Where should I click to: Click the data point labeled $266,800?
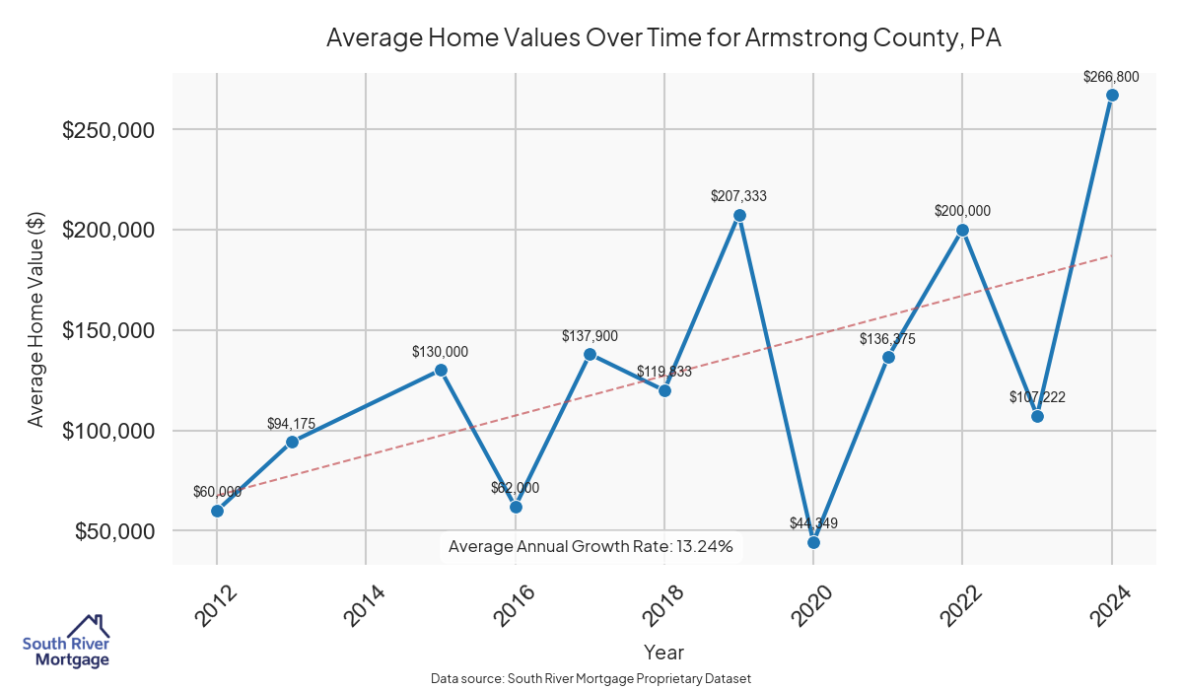(x=1112, y=96)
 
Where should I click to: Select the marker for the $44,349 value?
(x=813, y=542)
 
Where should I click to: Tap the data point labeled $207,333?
(x=739, y=215)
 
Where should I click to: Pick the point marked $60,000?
(x=217, y=511)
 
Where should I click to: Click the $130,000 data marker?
(x=441, y=370)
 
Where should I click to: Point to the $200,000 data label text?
(x=962, y=211)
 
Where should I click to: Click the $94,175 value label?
(x=291, y=424)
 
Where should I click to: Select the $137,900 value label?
(x=590, y=336)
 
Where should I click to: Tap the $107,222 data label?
(x=1037, y=397)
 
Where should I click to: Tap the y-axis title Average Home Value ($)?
(x=36, y=320)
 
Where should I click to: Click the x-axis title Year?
(x=663, y=653)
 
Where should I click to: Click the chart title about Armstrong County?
(x=663, y=38)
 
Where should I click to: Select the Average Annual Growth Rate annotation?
(x=591, y=546)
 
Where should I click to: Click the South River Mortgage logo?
(x=66, y=642)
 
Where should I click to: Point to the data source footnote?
(x=591, y=679)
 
